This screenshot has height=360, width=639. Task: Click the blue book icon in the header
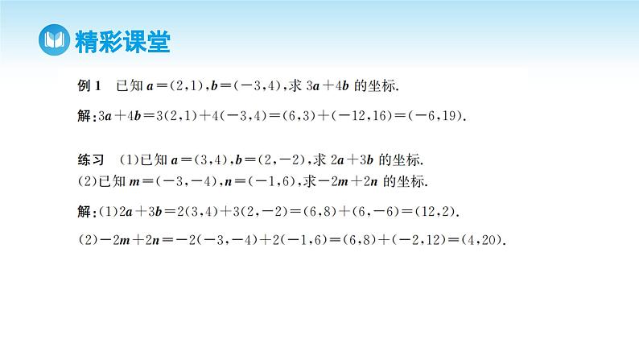tap(54, 39)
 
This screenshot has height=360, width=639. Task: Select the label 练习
tap(86, 159)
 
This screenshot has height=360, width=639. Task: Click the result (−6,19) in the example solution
tap(438, 115)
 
